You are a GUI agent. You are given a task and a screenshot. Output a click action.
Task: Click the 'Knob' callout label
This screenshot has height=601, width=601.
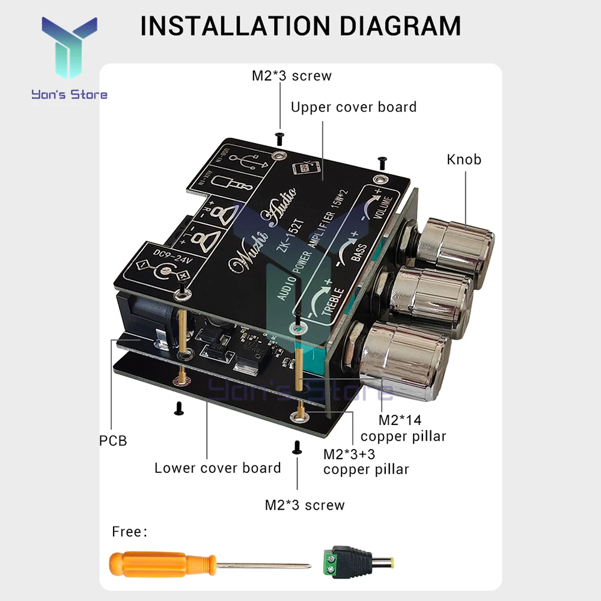click(x=464, y=159)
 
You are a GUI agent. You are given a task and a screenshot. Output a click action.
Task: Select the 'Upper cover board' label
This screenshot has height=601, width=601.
click(x=353, y=107)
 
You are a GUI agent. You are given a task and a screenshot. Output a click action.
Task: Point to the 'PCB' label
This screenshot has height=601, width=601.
click(x=113, y=441)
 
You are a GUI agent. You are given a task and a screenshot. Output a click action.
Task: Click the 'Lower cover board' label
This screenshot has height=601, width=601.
click(x=218, y=468)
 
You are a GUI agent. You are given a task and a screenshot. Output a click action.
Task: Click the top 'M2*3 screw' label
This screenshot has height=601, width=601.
click(x=291, y=76)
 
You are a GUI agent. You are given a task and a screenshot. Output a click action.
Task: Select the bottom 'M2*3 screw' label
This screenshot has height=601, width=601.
click(x=305, y=505)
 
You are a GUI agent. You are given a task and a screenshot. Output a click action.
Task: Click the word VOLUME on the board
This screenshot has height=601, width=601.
click(x=385, y=210)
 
